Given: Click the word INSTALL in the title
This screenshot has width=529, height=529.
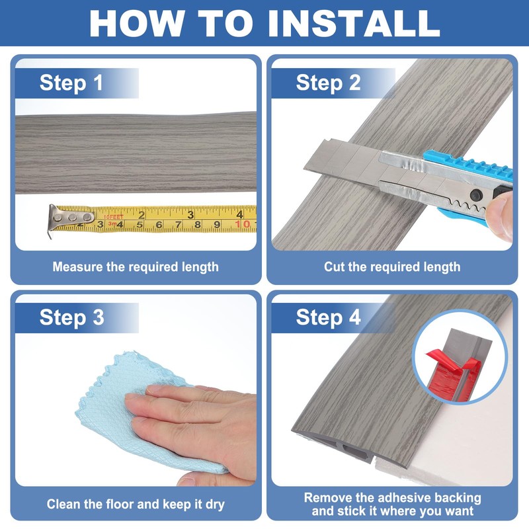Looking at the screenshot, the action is click(354, 23).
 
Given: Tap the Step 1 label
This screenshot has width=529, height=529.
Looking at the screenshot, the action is click(71, 83).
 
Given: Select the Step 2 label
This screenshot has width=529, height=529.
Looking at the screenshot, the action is click(328, 83).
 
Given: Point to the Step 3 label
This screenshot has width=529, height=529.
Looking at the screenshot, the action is click(71, 317).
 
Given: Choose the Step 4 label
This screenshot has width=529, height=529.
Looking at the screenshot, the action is click(328, 317).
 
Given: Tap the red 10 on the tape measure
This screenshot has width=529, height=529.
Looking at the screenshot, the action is click(243, 224).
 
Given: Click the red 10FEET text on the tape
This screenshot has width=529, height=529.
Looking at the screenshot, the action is click(113, 217).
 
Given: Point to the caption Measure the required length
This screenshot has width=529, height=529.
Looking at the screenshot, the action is click(136, 267).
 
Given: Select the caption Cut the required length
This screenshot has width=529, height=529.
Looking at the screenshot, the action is click(392, 267).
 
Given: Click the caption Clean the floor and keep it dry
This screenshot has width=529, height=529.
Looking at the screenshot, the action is click(136, 505).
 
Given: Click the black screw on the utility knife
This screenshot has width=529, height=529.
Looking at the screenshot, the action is click(476, 194).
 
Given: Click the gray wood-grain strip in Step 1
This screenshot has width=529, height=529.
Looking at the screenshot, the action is click(136, 153).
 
